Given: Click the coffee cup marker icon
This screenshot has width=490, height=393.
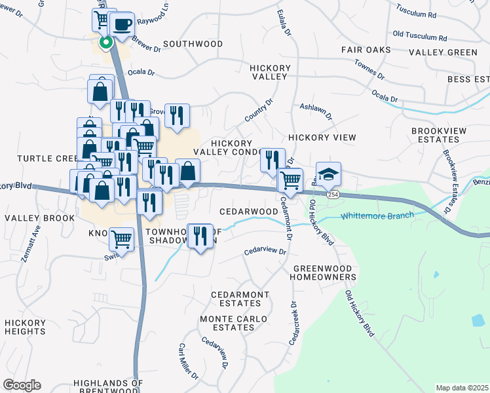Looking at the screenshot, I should point(122,25).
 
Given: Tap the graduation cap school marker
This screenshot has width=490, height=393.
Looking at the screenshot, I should point(329,174).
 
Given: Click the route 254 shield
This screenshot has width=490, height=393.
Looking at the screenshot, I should point(333,195).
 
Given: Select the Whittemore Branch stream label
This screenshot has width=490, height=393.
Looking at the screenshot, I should point(377,215).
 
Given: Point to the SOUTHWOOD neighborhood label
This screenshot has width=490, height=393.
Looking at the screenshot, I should point(193,44).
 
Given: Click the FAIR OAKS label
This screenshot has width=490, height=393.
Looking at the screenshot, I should point(366,50).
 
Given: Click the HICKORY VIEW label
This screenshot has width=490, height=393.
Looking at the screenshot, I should point(322,138).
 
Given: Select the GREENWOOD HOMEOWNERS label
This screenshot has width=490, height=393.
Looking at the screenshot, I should point(324,273).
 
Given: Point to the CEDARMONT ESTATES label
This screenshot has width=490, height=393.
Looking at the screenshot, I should point(240,299).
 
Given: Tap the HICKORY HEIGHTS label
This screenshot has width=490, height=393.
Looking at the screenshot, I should point(25,327).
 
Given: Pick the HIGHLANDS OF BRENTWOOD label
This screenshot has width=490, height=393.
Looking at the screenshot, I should point(108,386).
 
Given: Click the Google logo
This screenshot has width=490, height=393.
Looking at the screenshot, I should point(22,385).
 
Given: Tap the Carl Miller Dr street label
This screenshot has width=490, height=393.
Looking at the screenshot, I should point(189,361).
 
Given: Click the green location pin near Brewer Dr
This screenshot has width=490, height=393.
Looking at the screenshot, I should point(105,43).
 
